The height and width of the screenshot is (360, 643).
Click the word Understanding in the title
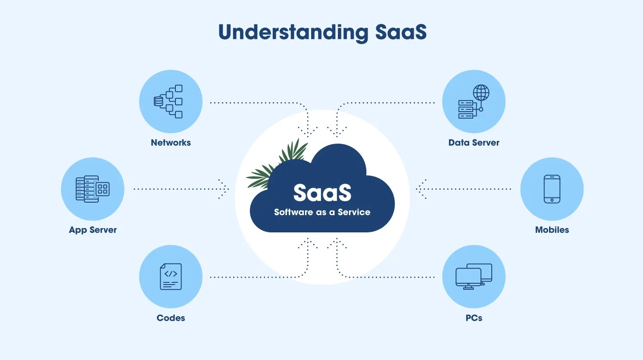click(x=293, y=33)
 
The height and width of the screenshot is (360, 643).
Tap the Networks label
click(x=171, y=143)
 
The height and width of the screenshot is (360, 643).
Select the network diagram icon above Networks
click(x=169, y=101)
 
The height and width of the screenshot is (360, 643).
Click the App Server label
click(x=93, y=230)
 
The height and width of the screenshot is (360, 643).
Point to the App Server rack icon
click(x=92, y=189)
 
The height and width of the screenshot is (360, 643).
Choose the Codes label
click(x=171, y=318)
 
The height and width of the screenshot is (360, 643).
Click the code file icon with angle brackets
click(x=171, y=276)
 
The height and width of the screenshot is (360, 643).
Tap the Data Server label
click(x=474, y=143)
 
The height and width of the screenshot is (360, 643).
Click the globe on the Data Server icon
click(x=481, y=92)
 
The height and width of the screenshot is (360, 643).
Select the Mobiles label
click(x=552, y=230)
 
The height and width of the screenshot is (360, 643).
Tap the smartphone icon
click(x=552, y=189)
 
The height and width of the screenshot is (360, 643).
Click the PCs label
click(x=474, y=318)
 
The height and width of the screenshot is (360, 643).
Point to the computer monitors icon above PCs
click(x=474, y=276)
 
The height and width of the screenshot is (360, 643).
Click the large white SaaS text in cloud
click(x=322, y=193)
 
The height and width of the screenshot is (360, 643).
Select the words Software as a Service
click(x=322, y=212)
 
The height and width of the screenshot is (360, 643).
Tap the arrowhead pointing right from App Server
click(x=225, y=189)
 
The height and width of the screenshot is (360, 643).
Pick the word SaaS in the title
click(x=401, y=33)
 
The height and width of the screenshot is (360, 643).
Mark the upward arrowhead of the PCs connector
click(x=337, y=242)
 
